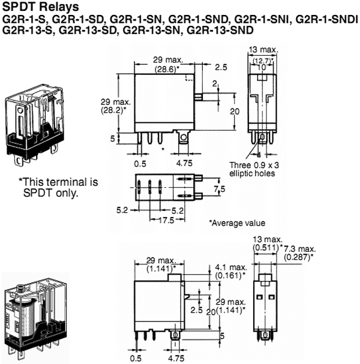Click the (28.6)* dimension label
point(158,70)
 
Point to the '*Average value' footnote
point(236,222)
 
